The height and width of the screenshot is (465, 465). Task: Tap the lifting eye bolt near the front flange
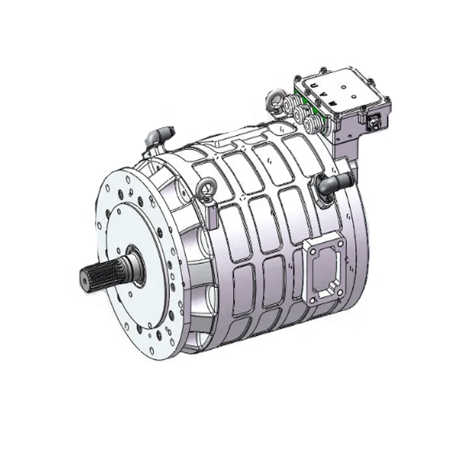click(203, 189)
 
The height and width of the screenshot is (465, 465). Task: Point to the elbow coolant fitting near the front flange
click(159, 135)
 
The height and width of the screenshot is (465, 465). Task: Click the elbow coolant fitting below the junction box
click(329, 184)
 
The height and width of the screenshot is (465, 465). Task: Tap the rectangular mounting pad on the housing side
click(324, 270)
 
